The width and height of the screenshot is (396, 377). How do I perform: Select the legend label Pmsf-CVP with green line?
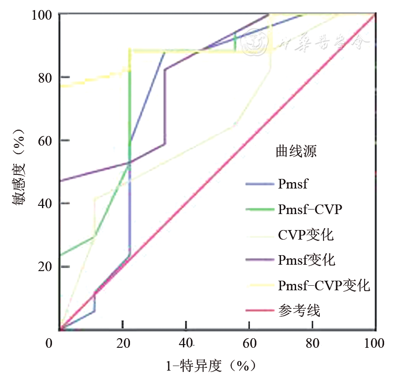310,209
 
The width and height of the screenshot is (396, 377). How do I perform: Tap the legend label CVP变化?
306,235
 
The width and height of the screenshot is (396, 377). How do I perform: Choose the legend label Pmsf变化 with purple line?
307,260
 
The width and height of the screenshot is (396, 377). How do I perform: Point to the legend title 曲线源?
296,152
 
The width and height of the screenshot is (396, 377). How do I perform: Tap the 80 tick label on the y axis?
45,78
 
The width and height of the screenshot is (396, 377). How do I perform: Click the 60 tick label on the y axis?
45,141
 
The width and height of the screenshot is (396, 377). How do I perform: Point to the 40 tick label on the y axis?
45,204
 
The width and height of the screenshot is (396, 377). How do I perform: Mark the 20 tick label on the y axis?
45,267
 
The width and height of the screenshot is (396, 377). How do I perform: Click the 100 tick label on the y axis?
41,15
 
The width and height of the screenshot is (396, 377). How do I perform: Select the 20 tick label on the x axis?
122,343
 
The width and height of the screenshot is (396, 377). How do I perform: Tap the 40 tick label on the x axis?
186,343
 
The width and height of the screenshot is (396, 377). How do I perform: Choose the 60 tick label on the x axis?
249,343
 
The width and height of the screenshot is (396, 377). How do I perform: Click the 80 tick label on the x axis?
312,343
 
